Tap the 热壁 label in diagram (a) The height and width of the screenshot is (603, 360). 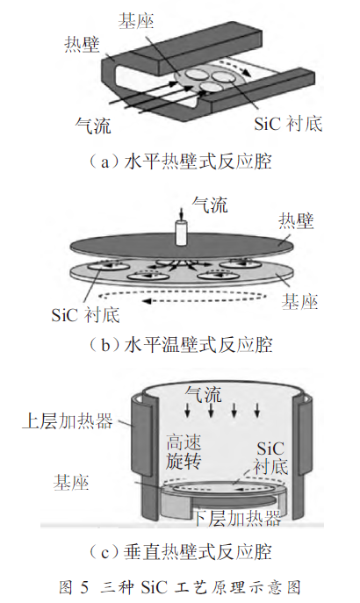(82, 44)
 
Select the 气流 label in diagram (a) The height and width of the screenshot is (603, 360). (93, 125)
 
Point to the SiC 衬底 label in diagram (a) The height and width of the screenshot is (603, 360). (288, 124)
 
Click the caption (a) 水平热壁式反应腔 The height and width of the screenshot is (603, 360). (180, 162)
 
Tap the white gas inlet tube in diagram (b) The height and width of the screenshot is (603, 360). (181, 233)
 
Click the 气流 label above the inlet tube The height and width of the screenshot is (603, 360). (210, 205)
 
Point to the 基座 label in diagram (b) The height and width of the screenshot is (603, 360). (299, 302)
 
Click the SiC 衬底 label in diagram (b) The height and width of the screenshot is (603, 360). (85, 315)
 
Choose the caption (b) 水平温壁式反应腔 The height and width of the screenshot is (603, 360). (180, 345)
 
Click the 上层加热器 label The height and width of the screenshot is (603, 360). (68, 420)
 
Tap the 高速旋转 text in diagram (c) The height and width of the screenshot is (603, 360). (184, 452)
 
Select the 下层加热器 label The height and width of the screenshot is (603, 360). (236, 519)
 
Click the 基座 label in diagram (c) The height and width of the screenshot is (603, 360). (71, 482)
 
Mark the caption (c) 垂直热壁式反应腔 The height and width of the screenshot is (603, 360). (180, 552)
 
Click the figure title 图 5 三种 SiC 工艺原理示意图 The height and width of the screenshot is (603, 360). (180, 587)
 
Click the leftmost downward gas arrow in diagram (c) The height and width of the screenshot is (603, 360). (187, 410)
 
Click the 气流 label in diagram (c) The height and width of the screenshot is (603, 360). (204, 394)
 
